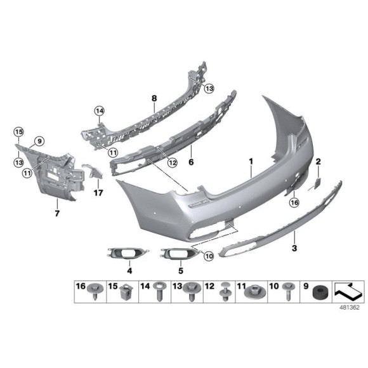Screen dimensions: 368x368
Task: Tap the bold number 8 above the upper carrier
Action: click(x=154, y=98)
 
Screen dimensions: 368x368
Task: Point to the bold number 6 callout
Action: click(x=190, y=162)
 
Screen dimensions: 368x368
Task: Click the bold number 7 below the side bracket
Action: click(x=57, y=213)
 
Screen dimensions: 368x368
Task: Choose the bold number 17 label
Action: click(x=98, y=192)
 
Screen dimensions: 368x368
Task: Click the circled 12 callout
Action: click(x=172, y=163)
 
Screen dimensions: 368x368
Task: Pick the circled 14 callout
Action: click(x=99, y=111)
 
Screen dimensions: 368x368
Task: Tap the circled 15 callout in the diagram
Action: click(x=18, y=132)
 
